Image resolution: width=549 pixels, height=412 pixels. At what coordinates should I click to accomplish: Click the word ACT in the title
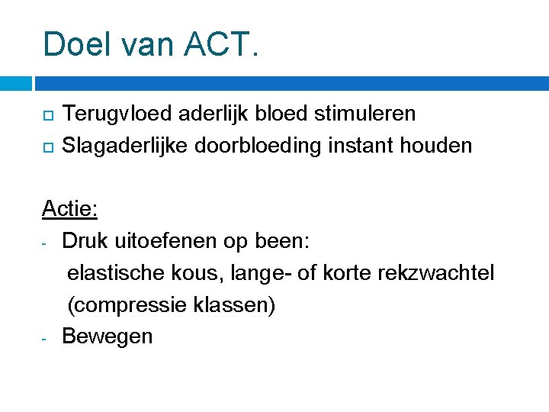click(x=220, y=44)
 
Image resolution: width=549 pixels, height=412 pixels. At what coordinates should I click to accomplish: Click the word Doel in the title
click(x=75, y=44)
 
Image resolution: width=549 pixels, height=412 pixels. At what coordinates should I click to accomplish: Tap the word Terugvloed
click(x=119, y=114)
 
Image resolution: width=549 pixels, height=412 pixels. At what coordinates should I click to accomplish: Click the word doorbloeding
click(x=258, y=145)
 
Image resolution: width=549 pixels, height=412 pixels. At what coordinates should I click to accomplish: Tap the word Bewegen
click(x=108, y=336)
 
